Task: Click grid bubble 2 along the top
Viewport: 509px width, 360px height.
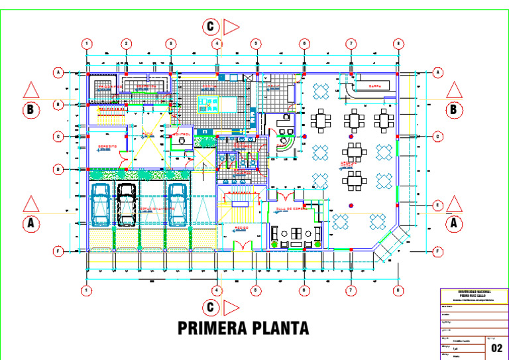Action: point(125,44)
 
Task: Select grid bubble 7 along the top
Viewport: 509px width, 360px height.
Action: point(351,44)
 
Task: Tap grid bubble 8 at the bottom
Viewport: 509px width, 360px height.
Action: point(398,290)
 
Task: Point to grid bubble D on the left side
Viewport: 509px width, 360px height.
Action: point(58,170)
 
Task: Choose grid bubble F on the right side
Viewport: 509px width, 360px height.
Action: point(438,252)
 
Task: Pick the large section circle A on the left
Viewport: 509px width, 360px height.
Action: point(30,223)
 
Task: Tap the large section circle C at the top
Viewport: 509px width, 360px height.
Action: point(211,27)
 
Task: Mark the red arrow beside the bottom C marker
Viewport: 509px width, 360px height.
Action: point(231,308)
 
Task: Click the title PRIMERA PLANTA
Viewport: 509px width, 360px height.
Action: point(243,328)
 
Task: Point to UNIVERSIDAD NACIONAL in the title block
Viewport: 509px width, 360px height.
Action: point(473,292)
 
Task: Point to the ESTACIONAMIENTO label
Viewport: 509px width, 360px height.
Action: point(157,208)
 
